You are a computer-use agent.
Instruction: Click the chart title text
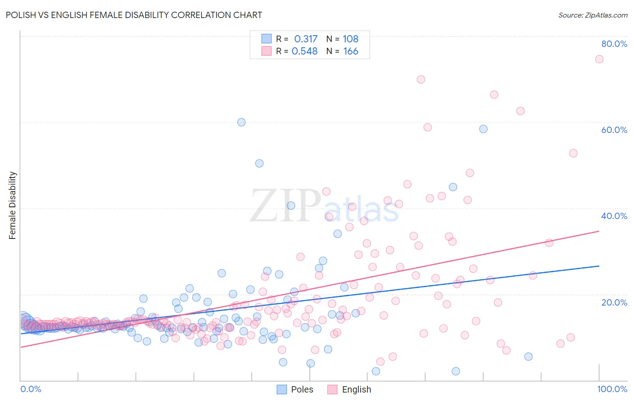point(134,15)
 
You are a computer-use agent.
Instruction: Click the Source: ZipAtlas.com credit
point(592,15)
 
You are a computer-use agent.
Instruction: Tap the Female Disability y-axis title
point(13,205)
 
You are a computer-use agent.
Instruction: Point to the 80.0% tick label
point(614,44)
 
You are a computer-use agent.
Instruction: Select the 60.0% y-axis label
point(614,130)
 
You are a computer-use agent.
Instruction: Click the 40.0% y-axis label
point(614,216)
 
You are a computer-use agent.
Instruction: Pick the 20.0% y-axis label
point(614,302)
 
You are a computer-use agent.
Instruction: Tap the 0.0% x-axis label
point(31,389)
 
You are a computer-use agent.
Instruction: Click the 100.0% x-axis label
point(612,389)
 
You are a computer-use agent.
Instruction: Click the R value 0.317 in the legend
point(306,39)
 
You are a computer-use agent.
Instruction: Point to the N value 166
point(351,51)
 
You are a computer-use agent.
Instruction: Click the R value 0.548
point(305,51)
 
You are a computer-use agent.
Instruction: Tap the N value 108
point(351,39)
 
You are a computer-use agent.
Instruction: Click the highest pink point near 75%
point(599,59)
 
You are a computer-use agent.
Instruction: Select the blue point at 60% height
point(241,122)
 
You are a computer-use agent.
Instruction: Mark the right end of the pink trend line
point(599,231)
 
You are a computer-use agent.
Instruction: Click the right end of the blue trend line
point(599,266)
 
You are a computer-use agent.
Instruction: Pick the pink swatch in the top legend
point(267,51)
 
